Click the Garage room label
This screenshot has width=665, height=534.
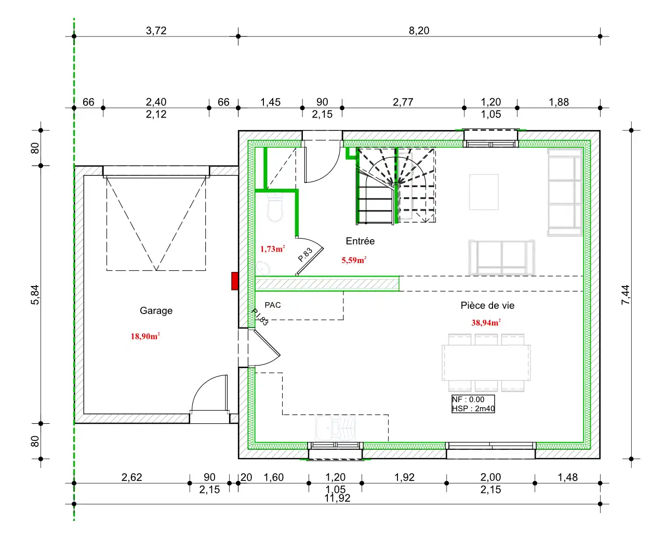[156, 310]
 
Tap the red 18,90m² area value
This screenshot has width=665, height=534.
[145, 336]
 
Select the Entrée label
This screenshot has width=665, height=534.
[360, 241]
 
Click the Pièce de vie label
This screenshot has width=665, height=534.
[487, 305]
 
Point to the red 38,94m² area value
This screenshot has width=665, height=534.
[486, 322]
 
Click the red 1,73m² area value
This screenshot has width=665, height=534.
[272, 249]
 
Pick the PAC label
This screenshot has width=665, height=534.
[273, 305]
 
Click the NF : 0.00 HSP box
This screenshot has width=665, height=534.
[473, 403]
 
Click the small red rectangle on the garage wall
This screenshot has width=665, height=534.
[235, 281]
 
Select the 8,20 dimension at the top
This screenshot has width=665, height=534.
[419, 31]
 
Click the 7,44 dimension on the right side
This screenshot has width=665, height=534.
[625, 294]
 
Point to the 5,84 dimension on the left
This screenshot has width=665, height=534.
[35, 294]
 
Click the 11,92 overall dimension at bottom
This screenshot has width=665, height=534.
[337, 498]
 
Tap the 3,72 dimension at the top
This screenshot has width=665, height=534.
[156, 31]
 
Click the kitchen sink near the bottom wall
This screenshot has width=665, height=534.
[335, 428]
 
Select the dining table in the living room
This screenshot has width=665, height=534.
[486, 362]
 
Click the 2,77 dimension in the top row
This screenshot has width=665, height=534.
[403, 102]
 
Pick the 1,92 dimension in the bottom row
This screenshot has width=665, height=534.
[404, 477]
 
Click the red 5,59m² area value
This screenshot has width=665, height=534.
[354, 260]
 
